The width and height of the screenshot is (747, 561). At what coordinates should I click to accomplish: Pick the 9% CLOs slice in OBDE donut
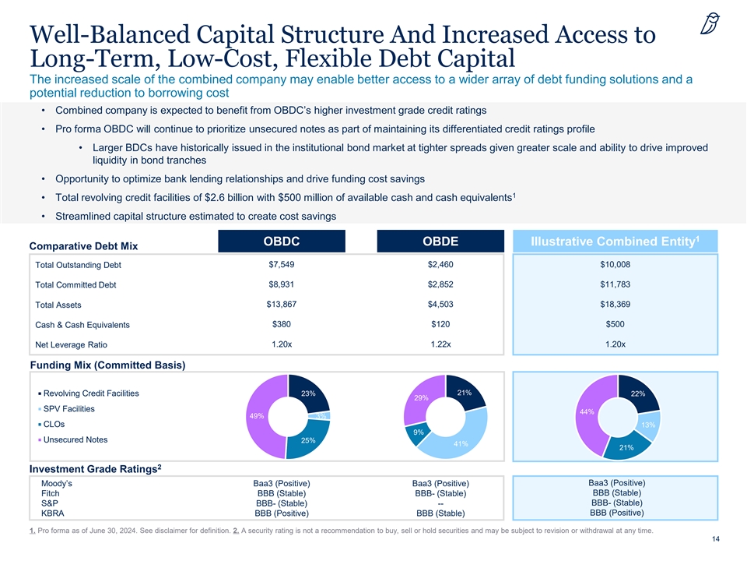pyautogui.click(x=418, y=432)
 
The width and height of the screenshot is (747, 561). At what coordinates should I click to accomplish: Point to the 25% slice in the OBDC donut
pyautogui.click(x=308, y=440)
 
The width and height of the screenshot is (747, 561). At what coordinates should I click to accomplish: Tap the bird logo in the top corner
pyautogui.click(x=708, y=26)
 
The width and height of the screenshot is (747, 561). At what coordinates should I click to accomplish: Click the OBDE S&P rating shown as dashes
pyautogui.click(x=440, y=503)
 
